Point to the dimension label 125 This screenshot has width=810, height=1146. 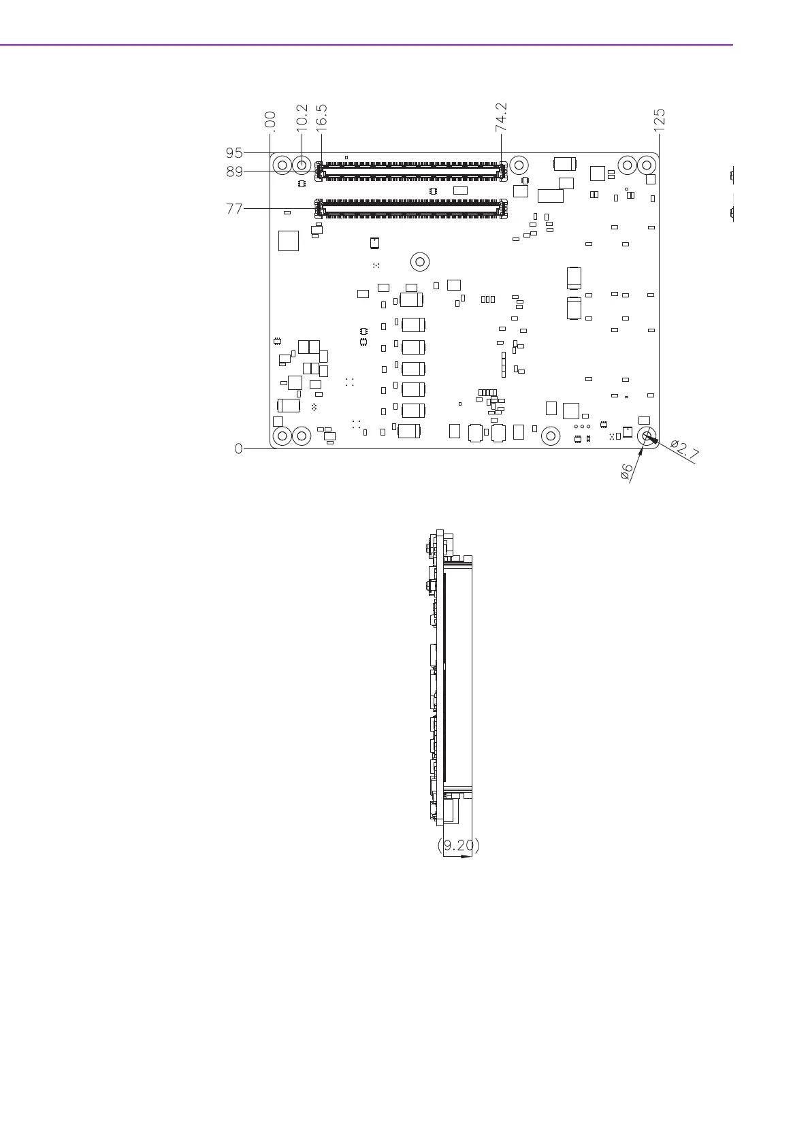click(x=659, y=120)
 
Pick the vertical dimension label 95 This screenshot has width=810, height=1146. click(x=234, y=153)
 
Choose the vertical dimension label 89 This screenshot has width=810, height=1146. click(x=234, y=172)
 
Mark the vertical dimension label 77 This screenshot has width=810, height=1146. click(x=234, y=210)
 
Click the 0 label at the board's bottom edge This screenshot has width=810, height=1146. click(x=238, y=448)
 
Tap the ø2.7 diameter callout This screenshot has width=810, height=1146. click(x=684, y=451)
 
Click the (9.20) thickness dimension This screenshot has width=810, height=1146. click(x=457, y=845)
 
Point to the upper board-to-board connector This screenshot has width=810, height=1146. click(x=411, y=170)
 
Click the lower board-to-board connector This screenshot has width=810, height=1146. click(x=411, y=208)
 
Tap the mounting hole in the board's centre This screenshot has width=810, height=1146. click(x=420, y=261)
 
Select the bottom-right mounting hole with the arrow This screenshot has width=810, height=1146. click(x=647, y=436)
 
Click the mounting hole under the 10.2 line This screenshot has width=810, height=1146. click(x=302, y=165)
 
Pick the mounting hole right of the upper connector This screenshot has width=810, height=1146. click(x=519, y=165)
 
